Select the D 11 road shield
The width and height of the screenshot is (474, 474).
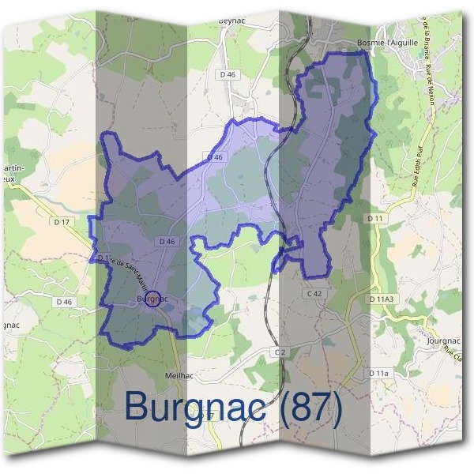[x=375, y=217]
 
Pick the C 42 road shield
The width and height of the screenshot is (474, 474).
[x=315, y=294]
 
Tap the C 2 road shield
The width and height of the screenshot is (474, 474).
[x=280, y=351]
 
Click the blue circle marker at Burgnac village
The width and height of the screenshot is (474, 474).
[x=155, y=298]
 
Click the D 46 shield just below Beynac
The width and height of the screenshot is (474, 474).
[x=228, y=74]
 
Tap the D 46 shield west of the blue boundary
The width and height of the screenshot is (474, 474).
[x=64, y=302]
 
